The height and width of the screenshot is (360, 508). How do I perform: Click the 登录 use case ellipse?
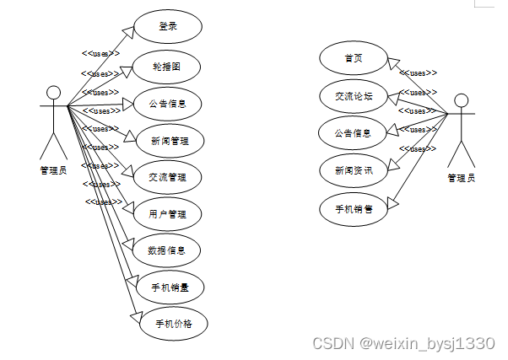pyautogui.click(x=167, y=26)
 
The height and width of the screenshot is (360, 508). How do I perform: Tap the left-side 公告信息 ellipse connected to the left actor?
pyautogui.click(x=167, y=105)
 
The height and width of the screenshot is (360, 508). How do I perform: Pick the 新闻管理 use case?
pyautogui.click(x=168, y=140)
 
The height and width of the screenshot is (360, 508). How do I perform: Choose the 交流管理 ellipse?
pyautogui.click(x=168, y=177)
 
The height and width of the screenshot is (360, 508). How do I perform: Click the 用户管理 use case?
pyautogui.click(x=167, y=214)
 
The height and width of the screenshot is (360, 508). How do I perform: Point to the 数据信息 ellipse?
pyautogui.click(x=167, y=250)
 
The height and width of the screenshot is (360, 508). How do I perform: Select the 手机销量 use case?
pyautogui.click(x=169, y=287)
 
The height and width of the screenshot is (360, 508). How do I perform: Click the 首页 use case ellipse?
pyautogui.click(x=353, y=59)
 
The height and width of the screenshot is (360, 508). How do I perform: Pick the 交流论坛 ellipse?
pyautogui.click(x=353, y=96)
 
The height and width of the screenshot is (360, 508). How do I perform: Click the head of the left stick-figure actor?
pyautogui.click(x=54, y=93)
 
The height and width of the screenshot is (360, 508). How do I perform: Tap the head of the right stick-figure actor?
pyautogui.click(x=461, y=101)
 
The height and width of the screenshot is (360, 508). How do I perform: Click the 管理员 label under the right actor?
pyautogui.click(x=461, y=178)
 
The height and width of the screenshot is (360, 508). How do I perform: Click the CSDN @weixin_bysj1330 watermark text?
pyautogui.click(x=403, y=344)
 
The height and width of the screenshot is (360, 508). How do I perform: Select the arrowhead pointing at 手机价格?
pyautogui.click(x=134, y=315)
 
